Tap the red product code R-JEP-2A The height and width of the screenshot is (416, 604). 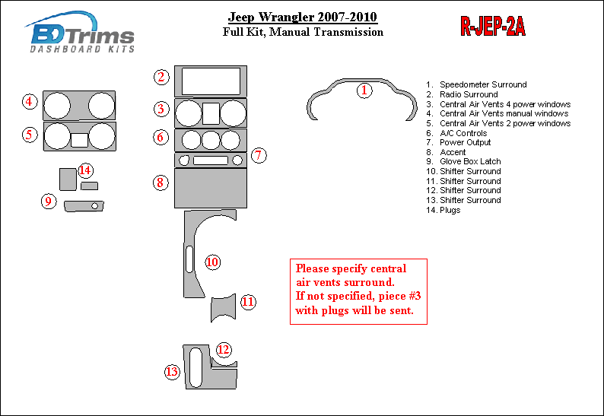493,27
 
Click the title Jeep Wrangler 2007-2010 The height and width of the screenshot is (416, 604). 303,17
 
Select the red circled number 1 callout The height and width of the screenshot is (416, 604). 364,91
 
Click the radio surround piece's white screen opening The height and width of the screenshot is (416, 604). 211,81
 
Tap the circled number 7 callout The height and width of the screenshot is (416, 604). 259,155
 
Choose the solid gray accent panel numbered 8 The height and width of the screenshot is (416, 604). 210,189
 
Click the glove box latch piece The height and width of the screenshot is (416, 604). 84,206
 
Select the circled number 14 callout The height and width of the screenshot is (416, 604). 85,170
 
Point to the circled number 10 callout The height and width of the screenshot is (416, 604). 212,262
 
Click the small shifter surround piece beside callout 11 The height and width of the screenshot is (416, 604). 223,308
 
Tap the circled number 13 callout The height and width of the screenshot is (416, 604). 172,372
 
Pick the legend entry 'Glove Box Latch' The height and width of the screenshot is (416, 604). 463,161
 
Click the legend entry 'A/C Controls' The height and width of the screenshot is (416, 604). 456,133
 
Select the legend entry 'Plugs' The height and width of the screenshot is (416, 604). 443,211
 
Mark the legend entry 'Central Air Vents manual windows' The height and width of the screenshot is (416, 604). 497,113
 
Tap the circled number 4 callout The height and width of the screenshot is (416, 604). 29,102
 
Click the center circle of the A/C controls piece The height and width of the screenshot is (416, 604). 211,140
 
